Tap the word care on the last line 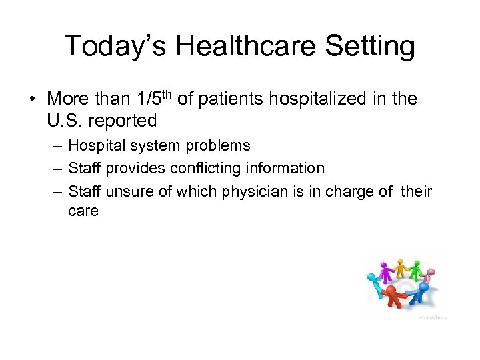(83, 211)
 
